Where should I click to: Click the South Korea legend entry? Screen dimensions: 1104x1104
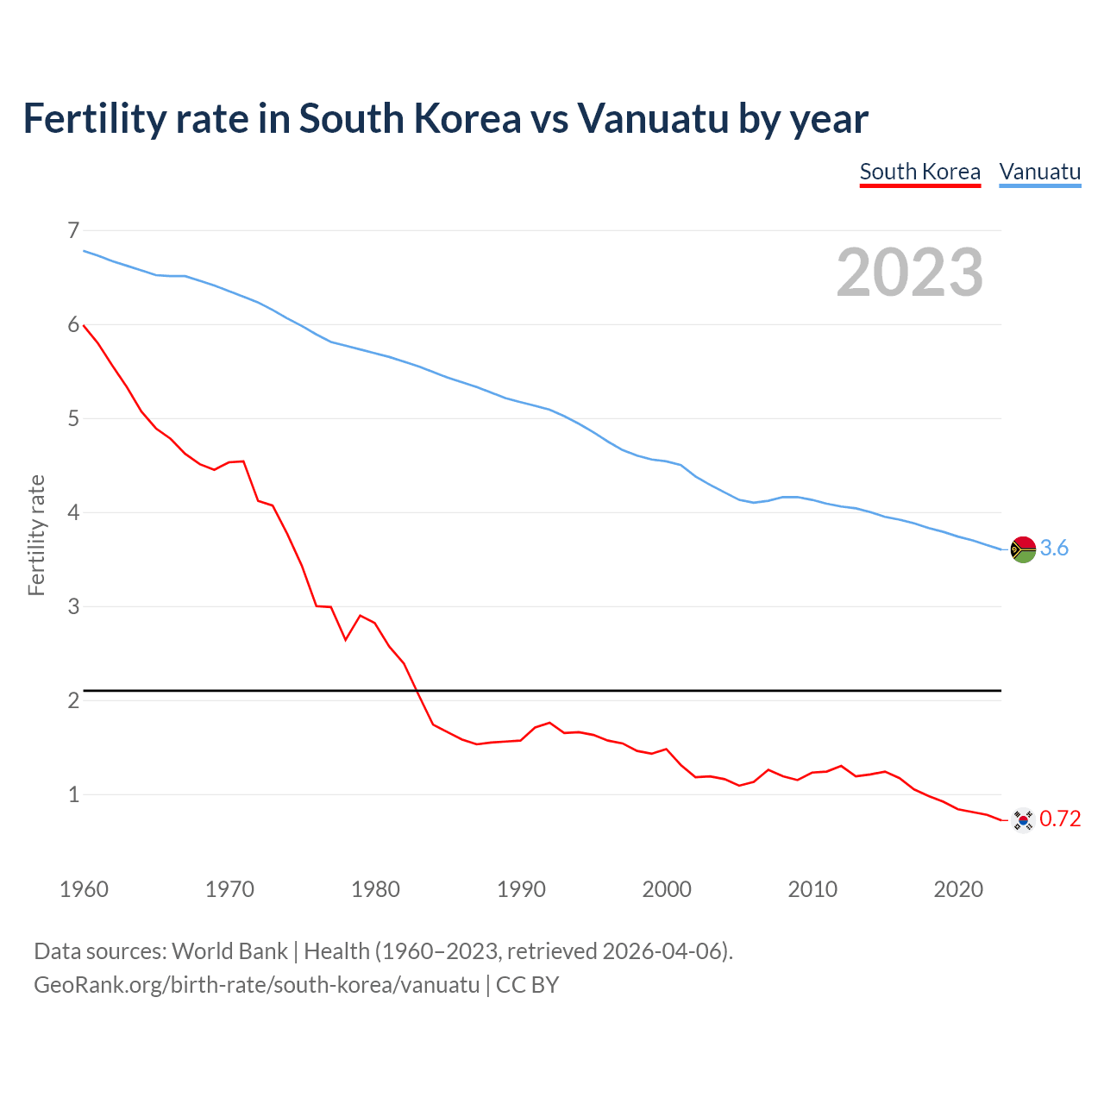(919, 172)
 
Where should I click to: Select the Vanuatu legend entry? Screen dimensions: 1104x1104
(1039, 172)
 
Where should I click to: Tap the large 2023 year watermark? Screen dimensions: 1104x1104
(909, 273)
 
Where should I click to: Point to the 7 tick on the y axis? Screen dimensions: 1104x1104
(73, 230)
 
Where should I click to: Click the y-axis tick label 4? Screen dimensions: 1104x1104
(73, 512)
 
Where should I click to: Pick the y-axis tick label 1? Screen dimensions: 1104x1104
(73, 794)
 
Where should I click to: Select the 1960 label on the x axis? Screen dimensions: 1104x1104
(84, 889)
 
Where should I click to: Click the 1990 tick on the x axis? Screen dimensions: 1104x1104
(521, 889)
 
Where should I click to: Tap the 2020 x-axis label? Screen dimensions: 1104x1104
(958, 889)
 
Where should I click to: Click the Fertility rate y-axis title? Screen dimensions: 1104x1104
(36, 535)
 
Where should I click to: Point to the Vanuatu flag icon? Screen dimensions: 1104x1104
(1023, 549)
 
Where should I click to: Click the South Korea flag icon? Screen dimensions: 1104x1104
(1023, 819)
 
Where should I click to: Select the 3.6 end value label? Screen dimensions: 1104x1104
(1054, 549)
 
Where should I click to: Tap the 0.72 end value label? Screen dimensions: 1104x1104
(1060, 819)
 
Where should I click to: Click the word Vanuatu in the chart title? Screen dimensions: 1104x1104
(653, 119)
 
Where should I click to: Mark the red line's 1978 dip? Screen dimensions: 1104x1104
(346, 639)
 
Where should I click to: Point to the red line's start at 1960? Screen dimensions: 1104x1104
(84, 325)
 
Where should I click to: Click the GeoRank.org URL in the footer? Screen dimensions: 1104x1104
(256, 985)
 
